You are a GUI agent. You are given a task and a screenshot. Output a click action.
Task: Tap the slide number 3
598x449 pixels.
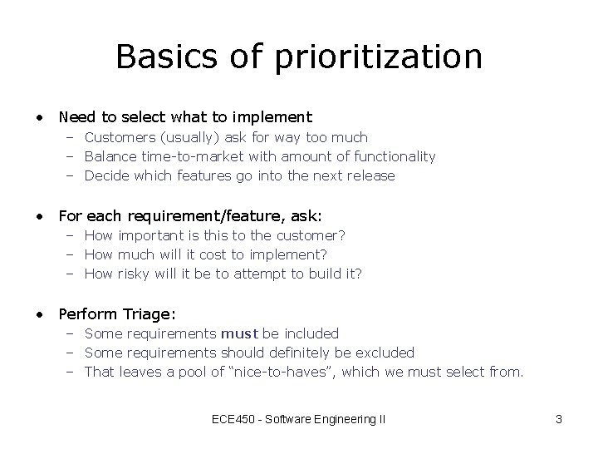559,419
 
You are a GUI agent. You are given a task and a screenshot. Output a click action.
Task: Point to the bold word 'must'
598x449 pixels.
239,333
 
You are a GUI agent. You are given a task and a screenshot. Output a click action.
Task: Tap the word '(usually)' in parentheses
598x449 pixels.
183,137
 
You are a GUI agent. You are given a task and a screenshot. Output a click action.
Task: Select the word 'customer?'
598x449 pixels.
316,235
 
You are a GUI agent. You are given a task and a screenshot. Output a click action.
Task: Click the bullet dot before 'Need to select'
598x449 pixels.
39,118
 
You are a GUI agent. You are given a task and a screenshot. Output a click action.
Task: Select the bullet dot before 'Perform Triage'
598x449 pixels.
39,314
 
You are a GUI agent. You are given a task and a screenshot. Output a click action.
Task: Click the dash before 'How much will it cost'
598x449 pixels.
72,254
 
